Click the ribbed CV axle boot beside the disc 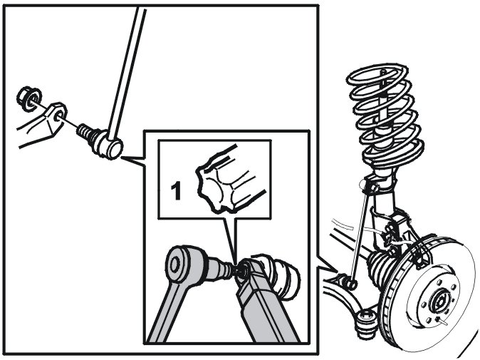379,272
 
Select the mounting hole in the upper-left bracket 58,112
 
